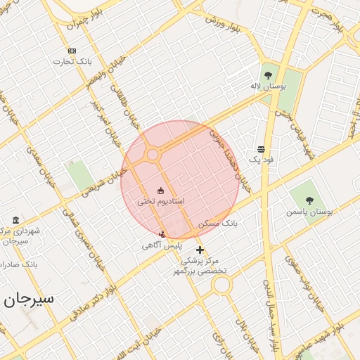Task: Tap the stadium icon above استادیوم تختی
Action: pos(160,191)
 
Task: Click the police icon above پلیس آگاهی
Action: pos(162,234)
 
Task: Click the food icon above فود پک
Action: pos(262,149)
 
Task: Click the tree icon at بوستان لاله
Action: pos(267,75)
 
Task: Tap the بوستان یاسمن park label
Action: pos(309,211)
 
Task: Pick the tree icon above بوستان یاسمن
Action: pos(309,200)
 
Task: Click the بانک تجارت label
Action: pos(72,61)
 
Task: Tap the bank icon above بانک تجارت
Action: pos(72,51)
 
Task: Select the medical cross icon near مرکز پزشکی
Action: pos(200,250)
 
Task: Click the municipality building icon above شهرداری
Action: pos(15,220)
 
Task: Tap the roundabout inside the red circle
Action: pos(152,154)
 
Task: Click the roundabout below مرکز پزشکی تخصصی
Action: pos(222,285)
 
